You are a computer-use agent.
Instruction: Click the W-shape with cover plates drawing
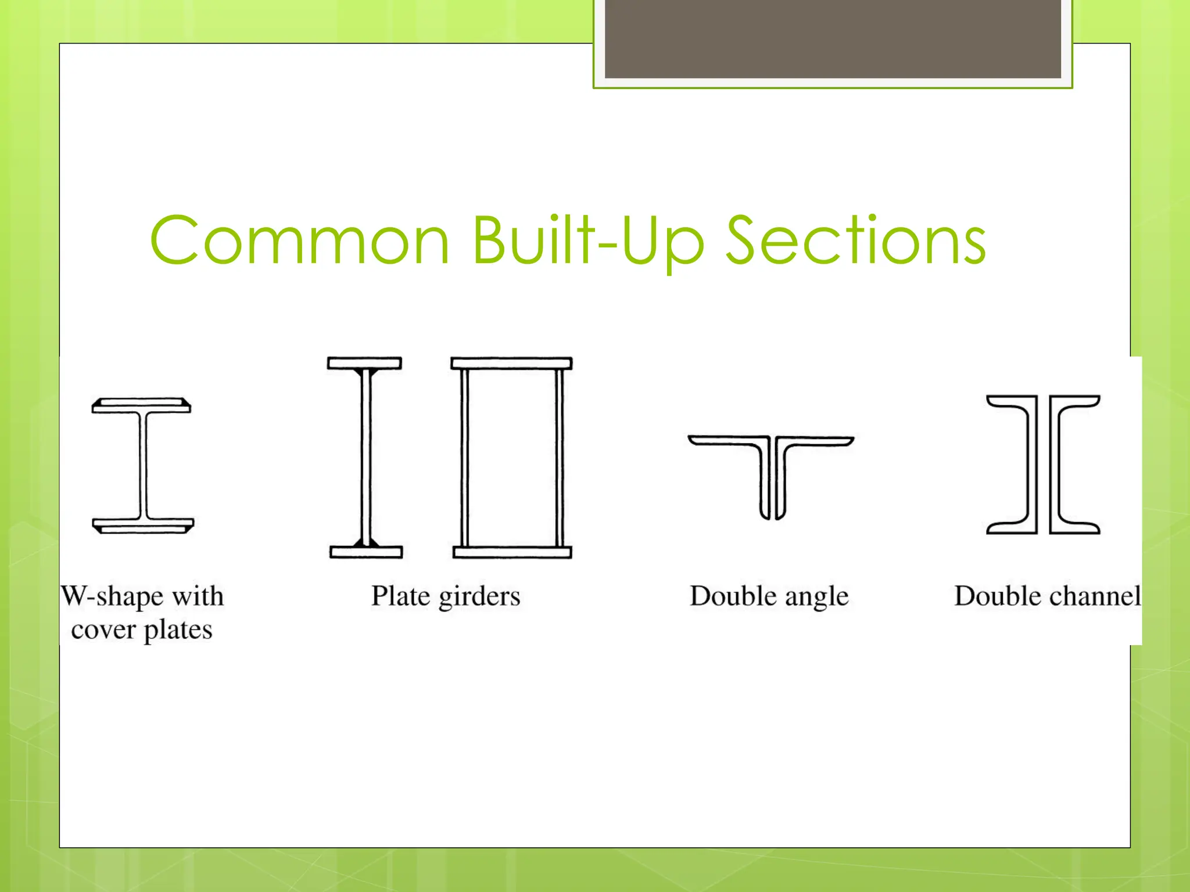coord(142,465)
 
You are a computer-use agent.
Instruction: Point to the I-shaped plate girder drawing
coord(365,457)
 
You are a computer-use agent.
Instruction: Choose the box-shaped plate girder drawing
coord(512,457)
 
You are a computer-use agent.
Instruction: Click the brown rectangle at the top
coord(833,38)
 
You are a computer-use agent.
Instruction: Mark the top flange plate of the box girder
coord(512,364)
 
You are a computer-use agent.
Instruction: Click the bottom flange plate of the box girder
coord(512,552)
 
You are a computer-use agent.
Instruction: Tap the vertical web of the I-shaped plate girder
coord(365,457)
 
